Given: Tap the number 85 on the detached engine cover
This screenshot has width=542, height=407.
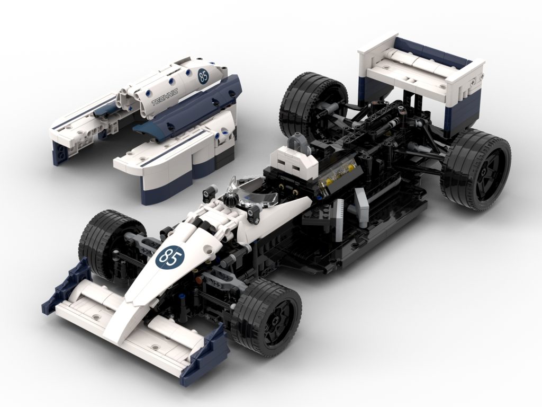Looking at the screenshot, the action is (203, 77).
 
